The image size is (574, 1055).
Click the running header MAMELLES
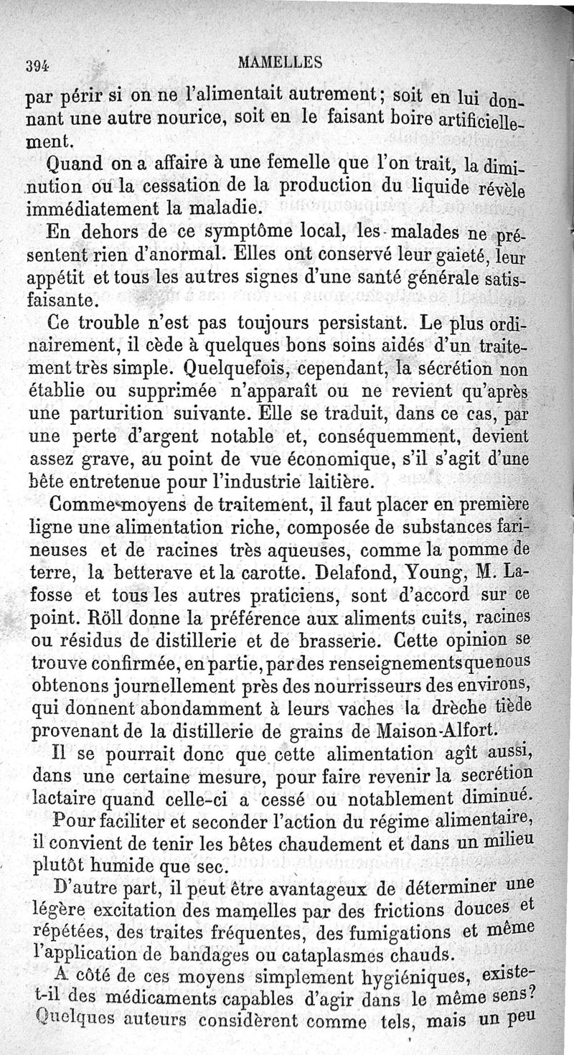click(x=282, y=62)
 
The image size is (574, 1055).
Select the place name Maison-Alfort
click(x=436, y=730)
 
